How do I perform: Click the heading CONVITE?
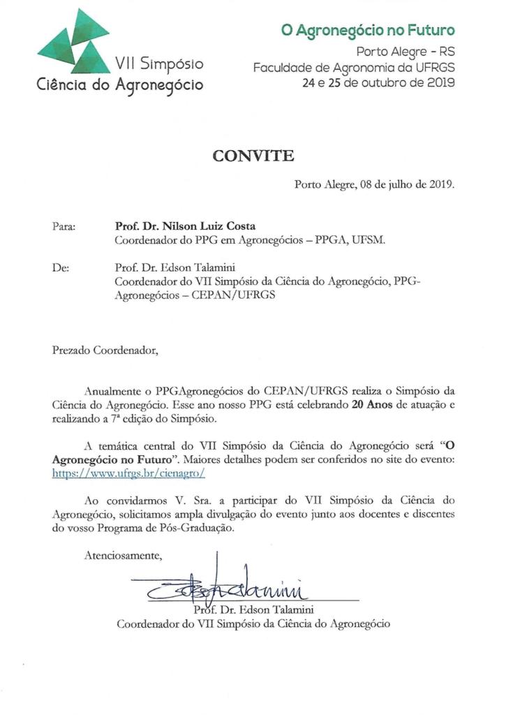[x=253, y=156]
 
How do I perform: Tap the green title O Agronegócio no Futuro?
[x=368, y=30]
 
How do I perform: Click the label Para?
[x=64, y=226]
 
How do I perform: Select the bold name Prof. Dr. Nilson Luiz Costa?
[x=185, y=226]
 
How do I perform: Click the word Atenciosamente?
[x=123, y=556]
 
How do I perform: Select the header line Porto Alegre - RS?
[x=405, y=51]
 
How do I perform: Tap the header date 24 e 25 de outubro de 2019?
[x=378, y=82]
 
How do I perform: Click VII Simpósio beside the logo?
[x=159, y=65]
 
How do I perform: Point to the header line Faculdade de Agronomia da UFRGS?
[x=354, y=67]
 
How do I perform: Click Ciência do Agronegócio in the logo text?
[x=120, y=86]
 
